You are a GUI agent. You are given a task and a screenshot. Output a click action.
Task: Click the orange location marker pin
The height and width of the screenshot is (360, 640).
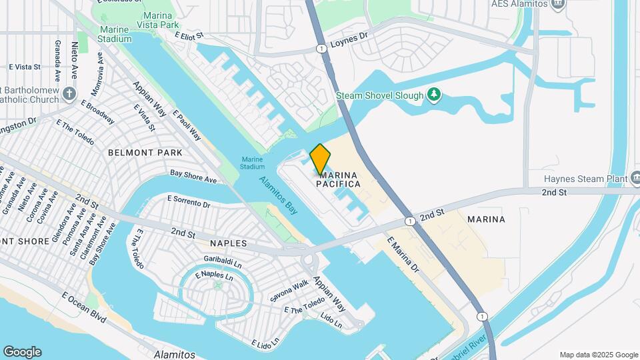click(320, 159)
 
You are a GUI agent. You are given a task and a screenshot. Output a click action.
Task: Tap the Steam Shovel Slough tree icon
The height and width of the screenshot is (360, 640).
click(435, 95)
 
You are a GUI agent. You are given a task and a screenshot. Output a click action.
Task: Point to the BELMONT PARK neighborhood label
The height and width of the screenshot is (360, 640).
click(145, 153)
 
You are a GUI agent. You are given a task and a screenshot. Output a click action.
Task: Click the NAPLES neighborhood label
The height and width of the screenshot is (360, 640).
click(228, 244)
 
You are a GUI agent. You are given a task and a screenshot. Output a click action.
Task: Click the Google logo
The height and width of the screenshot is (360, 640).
click(22, 352)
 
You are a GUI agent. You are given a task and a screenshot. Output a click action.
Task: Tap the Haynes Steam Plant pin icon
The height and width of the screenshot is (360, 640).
click(630, 179)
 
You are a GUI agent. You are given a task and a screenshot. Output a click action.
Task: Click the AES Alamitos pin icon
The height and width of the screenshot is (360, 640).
click(558, 4)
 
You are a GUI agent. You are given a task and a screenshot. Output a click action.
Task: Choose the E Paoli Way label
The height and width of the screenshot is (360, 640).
click(187, 125)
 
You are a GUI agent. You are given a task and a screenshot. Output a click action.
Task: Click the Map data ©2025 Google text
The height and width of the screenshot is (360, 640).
click(598, 355)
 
